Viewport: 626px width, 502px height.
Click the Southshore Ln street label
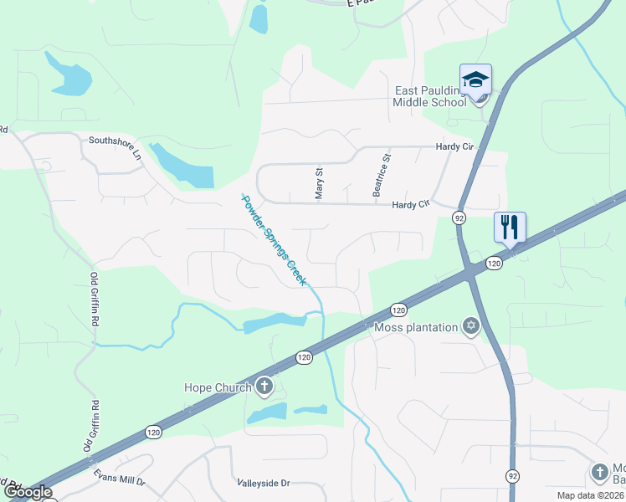pyautogui.click(x=115, y=146)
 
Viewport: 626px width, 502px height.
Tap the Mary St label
pyautogui.click(x=319, y=183)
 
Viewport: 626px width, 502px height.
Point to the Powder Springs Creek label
pyautogui.click(x=272, y=240)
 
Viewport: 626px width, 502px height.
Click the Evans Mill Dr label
pyautogui.click(x=121, y=483)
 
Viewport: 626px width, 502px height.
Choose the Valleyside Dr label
pyautogui.click(x=263, y=484)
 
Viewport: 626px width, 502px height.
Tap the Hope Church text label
pyautogui.click(x=218, y=387)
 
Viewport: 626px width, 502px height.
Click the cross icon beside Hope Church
pyautogui.click(x=264, y=386)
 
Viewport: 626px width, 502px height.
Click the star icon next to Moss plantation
pyautogui.click(x=471, y=326)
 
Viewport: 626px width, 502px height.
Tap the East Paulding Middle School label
pyautogui.click(x=430, y=96)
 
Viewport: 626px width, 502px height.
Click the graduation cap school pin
pyautogui.click(x=475, y=80)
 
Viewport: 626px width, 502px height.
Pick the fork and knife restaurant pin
pyautogui.click(x=510, y=226)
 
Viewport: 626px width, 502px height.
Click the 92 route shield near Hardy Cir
pyautogui.click(x=459, y=218)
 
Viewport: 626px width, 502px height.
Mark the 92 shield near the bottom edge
pyautogui.click(x=512, y=475)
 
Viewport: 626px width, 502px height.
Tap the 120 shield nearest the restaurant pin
pyautogui.click(x=494, y=264)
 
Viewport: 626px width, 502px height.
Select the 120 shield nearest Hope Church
pyautogui.click(x=303, y=358)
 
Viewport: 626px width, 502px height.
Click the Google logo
pyautogui.click(x=28, y=493)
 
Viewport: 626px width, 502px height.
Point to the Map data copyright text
pyautogui.click(x=591, y=495)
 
